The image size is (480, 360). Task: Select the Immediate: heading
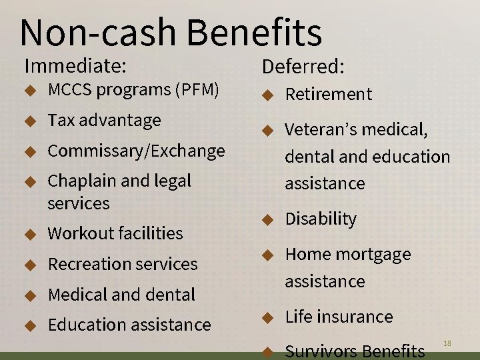pyautogui.click(x=75, y=66)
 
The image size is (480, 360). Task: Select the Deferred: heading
pyautogui.click(x=303, y=67)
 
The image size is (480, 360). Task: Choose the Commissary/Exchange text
pyautogui.click(x=136, y=151)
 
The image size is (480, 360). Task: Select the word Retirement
pyautogui.click(x=329, y=95)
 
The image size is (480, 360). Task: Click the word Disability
pyautogui.click(x=321, y=219)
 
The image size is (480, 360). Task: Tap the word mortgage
pyautogui.click(x=377, y=255)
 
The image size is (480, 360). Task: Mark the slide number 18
pyautogui.click(x=447, y=343)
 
